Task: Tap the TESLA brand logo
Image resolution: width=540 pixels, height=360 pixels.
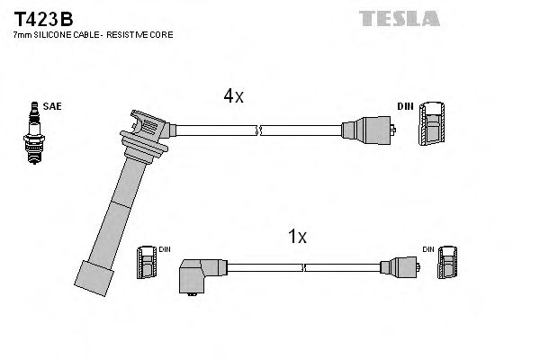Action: click(398, 17)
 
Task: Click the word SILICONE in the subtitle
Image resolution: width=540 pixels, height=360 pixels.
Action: click(58, 34)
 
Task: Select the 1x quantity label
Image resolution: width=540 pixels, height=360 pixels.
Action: click(296, 237)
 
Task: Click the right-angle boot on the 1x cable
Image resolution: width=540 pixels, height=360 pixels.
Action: click(199, 274)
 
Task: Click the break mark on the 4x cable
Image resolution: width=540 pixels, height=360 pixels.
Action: click(259, 130)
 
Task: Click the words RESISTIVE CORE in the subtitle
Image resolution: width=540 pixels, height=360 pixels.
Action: click(144, 34)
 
